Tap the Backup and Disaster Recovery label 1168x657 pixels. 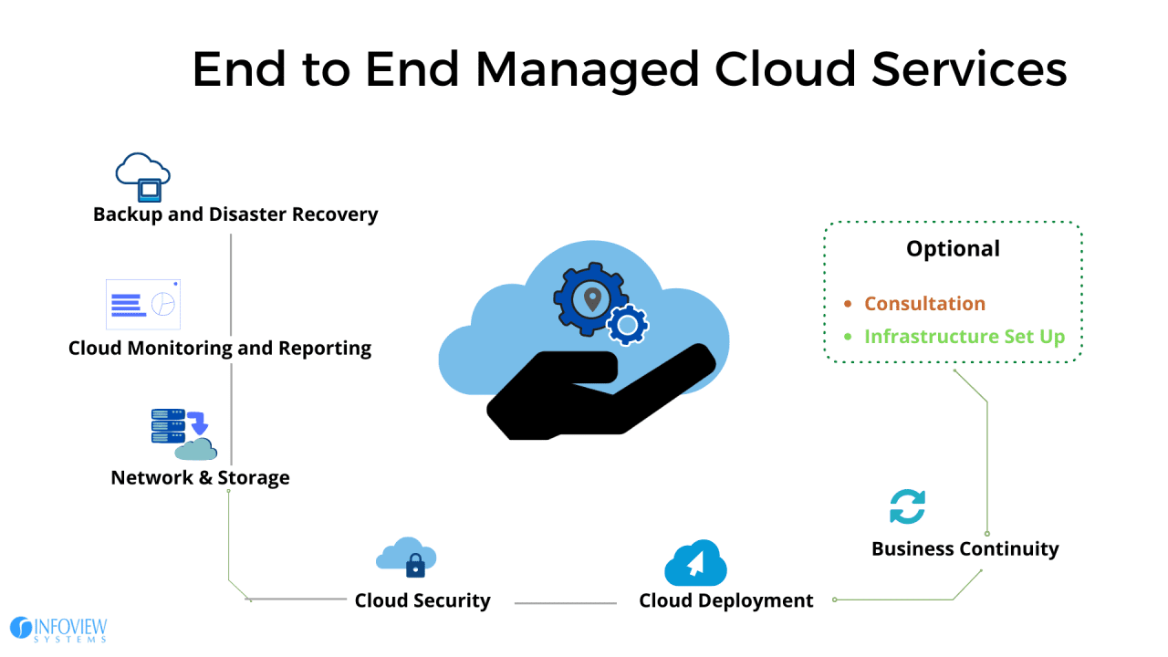(235, 214)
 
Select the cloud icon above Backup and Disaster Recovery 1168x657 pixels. (143, 176)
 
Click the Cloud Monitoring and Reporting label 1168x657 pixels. (220, 348)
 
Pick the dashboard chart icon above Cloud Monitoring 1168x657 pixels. (143, 304)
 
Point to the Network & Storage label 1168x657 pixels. (200, 477)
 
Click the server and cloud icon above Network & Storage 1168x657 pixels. (183, 433)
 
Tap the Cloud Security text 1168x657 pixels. (422, 600)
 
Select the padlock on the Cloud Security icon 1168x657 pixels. (415, 565)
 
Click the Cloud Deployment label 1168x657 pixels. (725, 600)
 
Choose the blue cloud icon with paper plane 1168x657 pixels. (695, 563)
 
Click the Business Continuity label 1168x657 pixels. (965, 548)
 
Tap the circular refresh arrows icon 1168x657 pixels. (907, 506)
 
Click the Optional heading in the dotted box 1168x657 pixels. (953, 248)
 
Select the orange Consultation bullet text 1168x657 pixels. (924, 304)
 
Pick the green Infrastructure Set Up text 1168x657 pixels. (964, 337)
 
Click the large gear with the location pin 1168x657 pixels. (590, 298)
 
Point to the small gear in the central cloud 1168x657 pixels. (628, 325)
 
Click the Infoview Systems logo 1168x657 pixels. (58, 629)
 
